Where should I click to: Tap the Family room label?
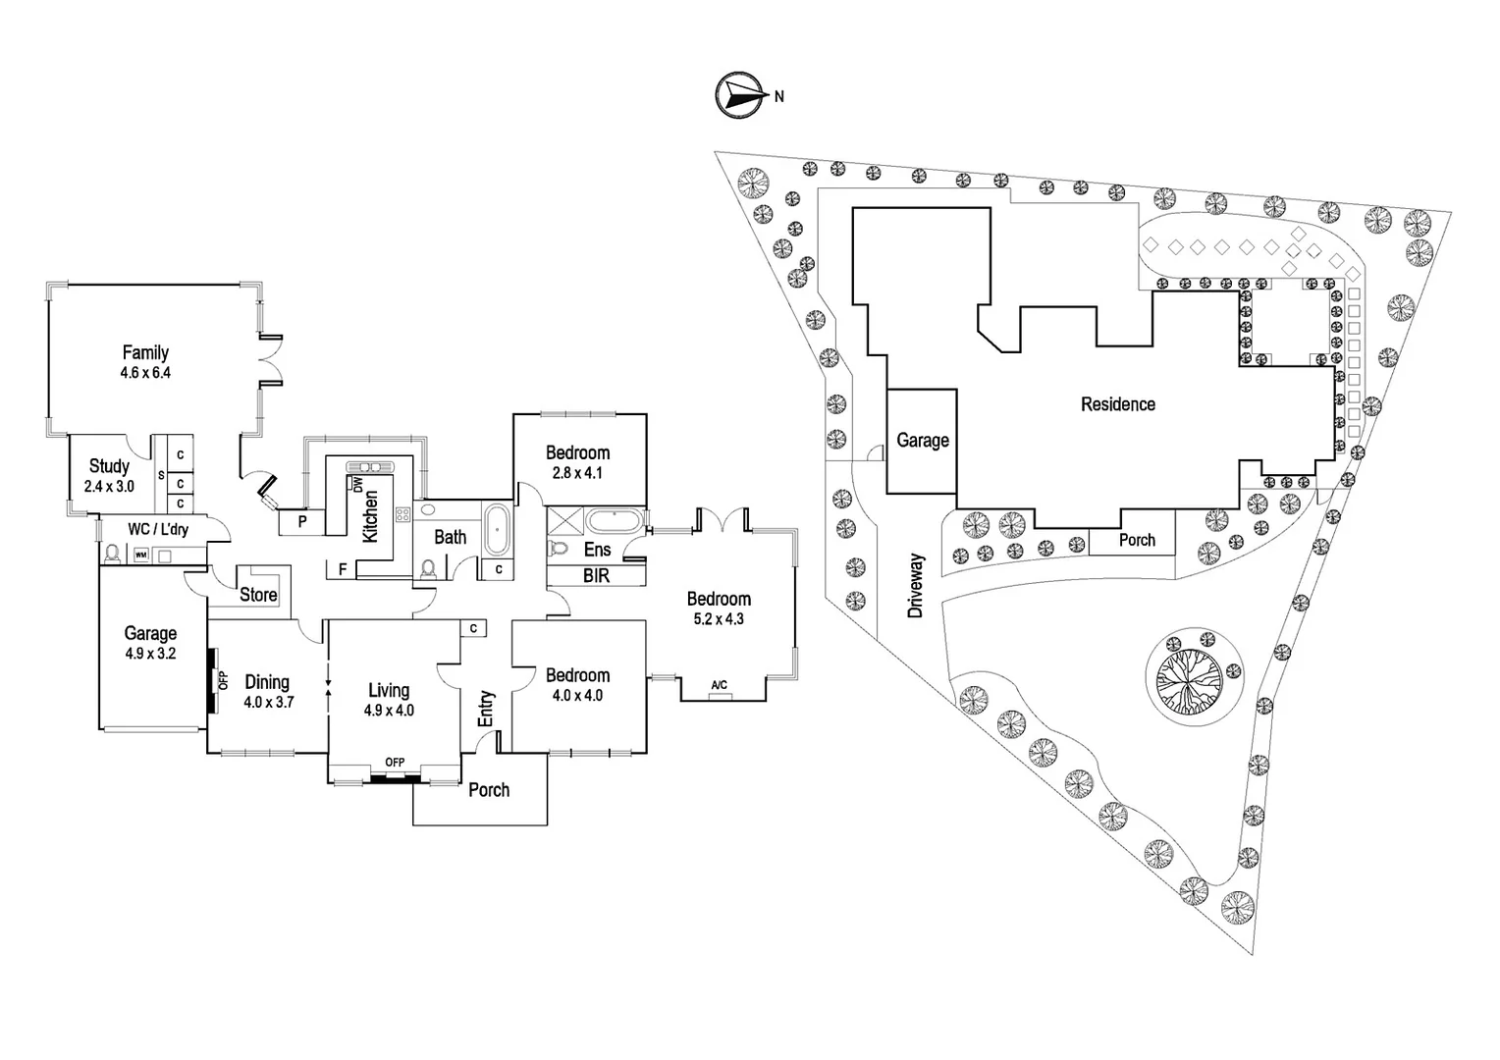point(145,361)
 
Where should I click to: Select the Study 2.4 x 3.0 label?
point(109,475)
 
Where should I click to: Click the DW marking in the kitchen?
point(357,485)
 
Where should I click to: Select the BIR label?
point(596,576)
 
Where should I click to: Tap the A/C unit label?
point(720,684)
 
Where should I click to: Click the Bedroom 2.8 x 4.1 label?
point(577,461)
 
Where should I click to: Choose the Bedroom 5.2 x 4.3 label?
point(719,608)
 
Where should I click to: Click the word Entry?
point(486,709)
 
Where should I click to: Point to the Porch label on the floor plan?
point(488,790)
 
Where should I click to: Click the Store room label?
point(258,595)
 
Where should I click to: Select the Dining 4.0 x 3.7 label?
point(268,691)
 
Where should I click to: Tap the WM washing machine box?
point(140,556)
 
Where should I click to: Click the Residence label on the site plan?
point(1117,404)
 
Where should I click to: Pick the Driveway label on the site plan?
point(916,585)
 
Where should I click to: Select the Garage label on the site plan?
point(922,441)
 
